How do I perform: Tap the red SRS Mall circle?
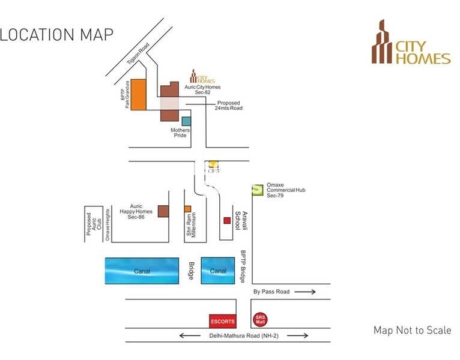pos(259,320)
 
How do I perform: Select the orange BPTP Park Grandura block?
pos(138,94)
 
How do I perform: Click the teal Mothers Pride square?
pos(178,121)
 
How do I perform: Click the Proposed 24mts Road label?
pos(229,105)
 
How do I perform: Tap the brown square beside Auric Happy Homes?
pos(163,211)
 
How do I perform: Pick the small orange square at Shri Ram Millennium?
pos(187,209)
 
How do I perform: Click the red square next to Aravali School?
pos(227,220)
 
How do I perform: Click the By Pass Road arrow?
pos(305,292)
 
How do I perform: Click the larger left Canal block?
pos(142,271)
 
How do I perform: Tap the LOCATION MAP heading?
pos(56,34)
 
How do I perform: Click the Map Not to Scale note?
pos(412,331)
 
